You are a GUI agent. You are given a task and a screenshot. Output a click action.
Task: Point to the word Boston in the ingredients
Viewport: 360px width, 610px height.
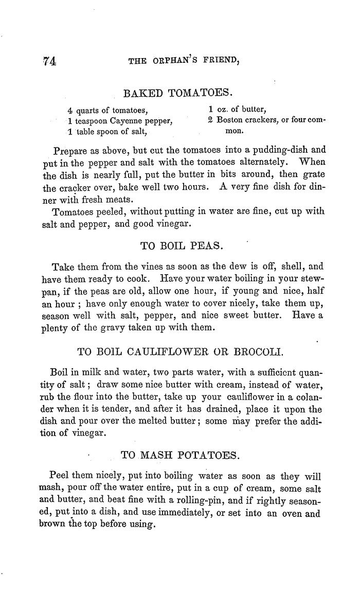pyautogui.click(x=230, y=121)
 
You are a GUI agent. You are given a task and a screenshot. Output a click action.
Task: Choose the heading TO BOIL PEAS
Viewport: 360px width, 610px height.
pyautogui.click(x=181, y=246)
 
